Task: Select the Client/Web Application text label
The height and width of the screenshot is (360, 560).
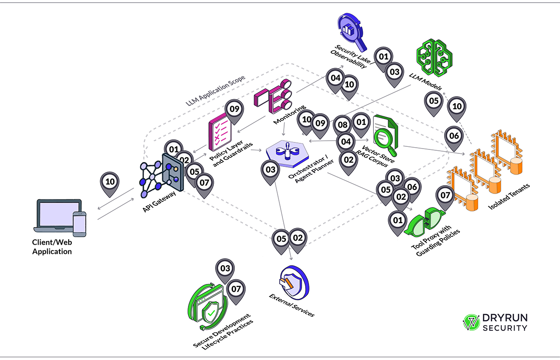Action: click(52, 247)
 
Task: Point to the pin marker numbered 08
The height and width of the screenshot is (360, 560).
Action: click(343, 125)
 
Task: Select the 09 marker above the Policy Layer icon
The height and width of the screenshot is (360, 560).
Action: click(234, 109)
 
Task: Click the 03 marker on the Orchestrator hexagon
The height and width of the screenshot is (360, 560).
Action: click(271, 170)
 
